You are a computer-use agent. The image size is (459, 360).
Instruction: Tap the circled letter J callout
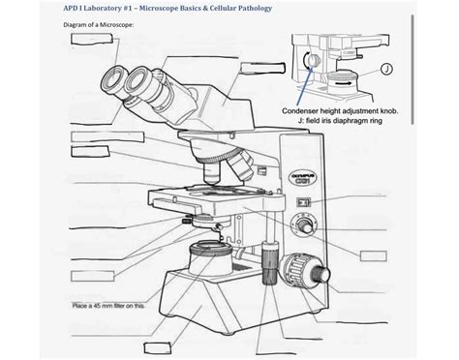pos(386,69)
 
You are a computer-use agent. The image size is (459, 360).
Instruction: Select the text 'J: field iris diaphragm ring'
pos(340,123)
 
